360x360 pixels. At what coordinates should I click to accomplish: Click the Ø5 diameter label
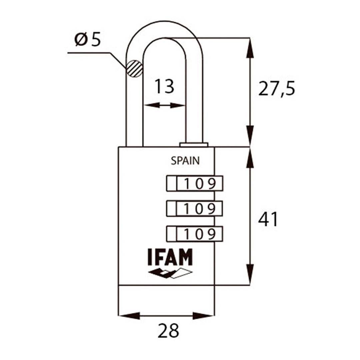(x=88, y=40)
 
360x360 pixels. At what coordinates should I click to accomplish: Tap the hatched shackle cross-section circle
(x=134, y=68)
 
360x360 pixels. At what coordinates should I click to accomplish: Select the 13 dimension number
(x=164, y=87)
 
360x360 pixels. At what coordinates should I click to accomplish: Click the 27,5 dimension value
(x=277, y=89)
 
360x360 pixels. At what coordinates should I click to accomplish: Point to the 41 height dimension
(x=268, y=220)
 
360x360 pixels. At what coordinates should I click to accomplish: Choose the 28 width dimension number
(x=168, y=331)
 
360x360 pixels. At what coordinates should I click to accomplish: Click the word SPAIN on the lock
(x=185, y=161)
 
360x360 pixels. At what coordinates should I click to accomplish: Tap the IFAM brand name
(x=170, y=257)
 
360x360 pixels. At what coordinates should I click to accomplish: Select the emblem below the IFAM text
(x=170, y=273)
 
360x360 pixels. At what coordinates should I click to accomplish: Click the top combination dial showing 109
(x=195, y=183)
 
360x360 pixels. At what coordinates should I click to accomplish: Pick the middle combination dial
(x=195, y=209)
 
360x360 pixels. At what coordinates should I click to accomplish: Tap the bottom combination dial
(x=195, y=234)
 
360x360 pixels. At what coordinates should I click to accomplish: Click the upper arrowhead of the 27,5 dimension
(x=250, y=48)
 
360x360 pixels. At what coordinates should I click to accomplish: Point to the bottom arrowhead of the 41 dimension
(x=250, y=275)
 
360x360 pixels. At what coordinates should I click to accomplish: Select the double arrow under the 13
(x=164, y=105)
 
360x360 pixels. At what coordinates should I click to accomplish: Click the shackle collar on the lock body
(x=194, y=145)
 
